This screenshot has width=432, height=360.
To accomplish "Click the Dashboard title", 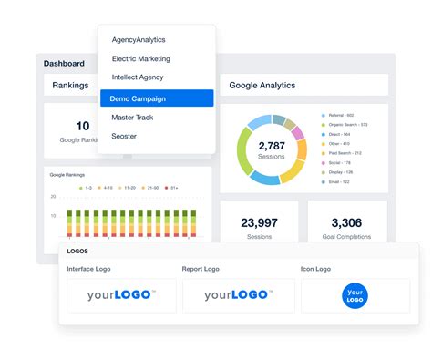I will [64, 64].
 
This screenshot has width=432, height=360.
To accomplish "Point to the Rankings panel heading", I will [70, 86].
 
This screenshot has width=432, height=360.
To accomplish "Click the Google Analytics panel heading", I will [262, 86].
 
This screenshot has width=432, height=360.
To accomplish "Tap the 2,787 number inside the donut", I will [272, 146].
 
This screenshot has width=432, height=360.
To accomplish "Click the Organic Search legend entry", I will [349, 124].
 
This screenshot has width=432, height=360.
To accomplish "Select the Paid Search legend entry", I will [345, 152].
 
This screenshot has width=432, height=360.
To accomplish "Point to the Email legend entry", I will [339, 181].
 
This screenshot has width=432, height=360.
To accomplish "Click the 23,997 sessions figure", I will [259, 222].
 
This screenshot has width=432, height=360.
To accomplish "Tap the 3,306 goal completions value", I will [346, 222].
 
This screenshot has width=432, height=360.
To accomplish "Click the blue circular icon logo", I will [356, 296].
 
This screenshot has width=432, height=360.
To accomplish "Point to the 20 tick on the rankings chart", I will [54, 196].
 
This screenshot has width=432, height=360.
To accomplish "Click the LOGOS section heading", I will [78, 251].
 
